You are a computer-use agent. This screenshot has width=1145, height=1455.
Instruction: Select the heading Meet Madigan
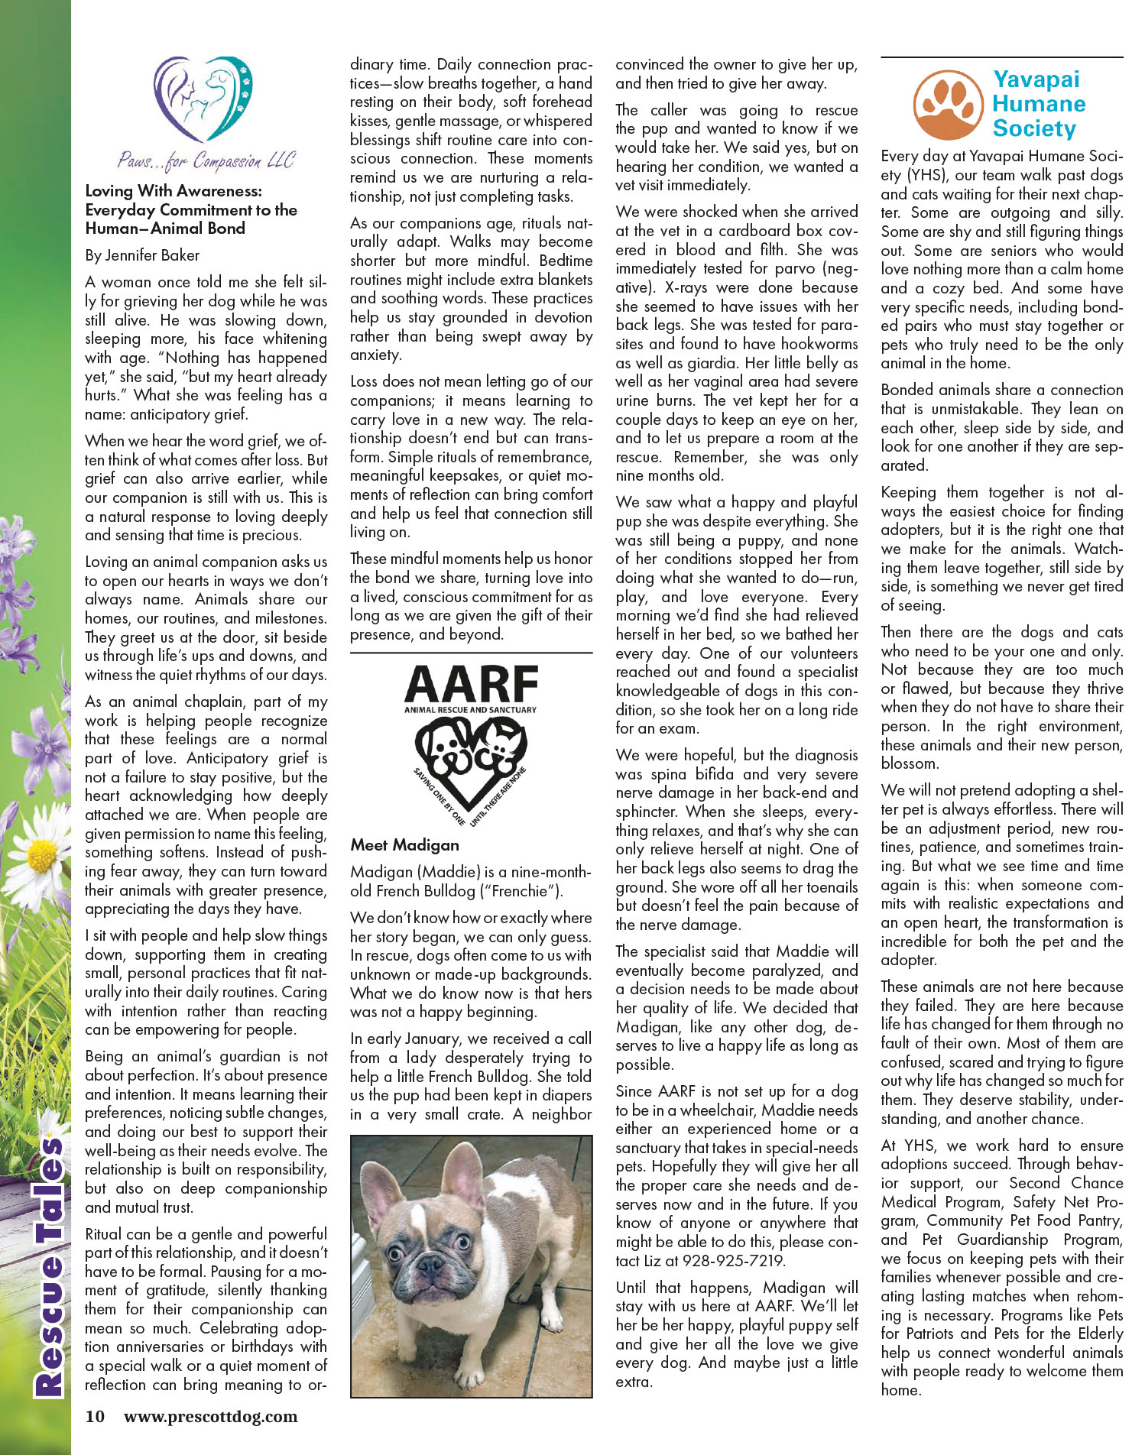(405, 845)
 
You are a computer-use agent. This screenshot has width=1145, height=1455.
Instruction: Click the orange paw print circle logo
(947, 105)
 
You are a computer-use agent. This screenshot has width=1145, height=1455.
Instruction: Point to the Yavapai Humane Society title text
(1038, 104)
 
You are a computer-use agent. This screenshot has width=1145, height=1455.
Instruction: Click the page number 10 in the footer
(95, 1416)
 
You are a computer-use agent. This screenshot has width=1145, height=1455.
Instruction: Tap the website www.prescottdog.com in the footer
(210, 1416)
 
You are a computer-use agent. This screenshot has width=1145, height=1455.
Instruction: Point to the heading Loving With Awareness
(174, 191)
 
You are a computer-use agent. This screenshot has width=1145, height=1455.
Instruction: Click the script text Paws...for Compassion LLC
(206, 160)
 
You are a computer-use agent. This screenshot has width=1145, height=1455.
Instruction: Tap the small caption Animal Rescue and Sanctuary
(471, 710)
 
